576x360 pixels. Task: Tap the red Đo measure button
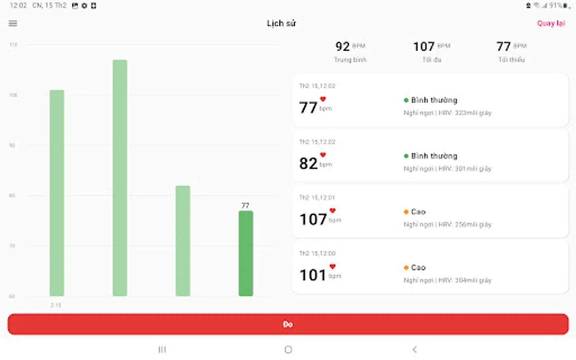tap(288, 324)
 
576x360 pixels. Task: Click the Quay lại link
tap(551, 23)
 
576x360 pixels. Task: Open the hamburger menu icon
tap(13, 23)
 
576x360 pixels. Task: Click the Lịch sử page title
tap(281, 23)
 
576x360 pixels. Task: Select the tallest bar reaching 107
tap(120, 178)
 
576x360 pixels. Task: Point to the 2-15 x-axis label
tap(56, 305)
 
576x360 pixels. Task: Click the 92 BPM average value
tap(343, 46)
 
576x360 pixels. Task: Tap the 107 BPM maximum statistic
tap(424, 46)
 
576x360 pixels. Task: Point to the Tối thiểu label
tap(511, 60)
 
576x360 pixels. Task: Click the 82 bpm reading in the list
tap(308, 163)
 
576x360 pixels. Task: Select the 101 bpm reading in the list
tap(313, 275)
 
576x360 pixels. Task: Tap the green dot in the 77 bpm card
tap(406, 100)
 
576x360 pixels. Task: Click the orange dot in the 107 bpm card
tap(406, 212)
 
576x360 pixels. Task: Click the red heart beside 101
tap(332, 266)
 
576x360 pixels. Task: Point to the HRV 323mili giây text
tap(465, 113)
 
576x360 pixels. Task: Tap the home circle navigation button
tap(288, 350)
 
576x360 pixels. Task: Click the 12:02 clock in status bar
tap(18, 6)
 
